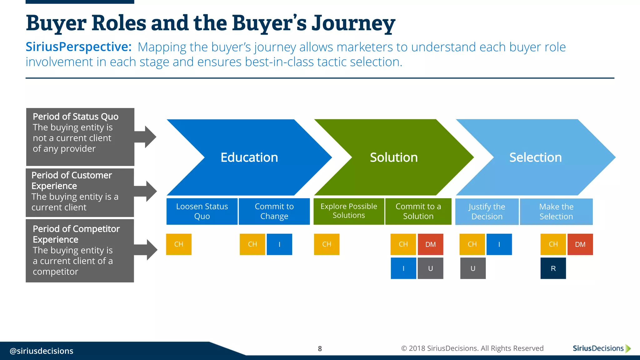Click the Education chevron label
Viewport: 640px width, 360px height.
tap(249, 157)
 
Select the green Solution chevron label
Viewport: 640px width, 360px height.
tap(394, 157)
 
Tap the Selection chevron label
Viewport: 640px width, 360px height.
tap(535, 157)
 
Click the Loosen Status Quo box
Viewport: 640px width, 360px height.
tap(202, 211)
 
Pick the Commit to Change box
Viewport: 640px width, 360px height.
tap(274, 211)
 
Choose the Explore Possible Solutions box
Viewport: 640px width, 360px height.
tap(349, 211)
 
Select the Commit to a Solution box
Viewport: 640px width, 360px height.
tap(418, 211)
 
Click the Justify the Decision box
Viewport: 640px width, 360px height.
tap(487, 212)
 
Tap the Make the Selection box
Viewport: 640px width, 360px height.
tap(556, 212)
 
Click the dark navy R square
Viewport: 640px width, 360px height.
tap(553, 268)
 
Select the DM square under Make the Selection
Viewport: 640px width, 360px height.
tap(580, 244)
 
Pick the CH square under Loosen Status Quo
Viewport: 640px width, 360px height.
tap(179, 244)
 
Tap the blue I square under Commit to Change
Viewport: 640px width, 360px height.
tap(279, 244)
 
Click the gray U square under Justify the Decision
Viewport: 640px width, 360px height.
tap(473, 268)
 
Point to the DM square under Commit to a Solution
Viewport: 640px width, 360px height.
tap(430, 244)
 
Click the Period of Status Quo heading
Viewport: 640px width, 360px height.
tap(76, 117)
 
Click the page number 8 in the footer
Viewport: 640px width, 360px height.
tap(320, 348)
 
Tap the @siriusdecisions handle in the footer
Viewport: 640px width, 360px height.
tap(42, 351)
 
